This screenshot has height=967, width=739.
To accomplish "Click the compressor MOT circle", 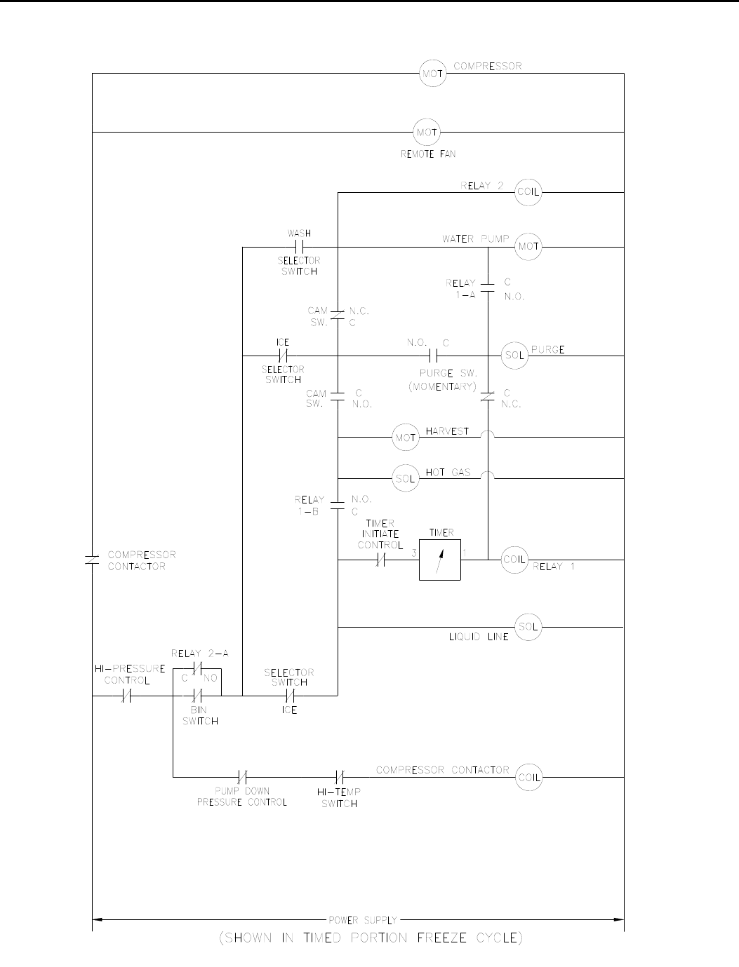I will pyautogui.click(x=432, y=74).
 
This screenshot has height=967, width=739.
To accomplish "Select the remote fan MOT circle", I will pyautogui.click(x=427, y=132).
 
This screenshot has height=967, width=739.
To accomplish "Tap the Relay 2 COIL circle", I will pyautogui.click(x=528, y=192).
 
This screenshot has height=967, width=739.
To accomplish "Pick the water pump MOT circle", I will pyautogui.click(x=528, y=246).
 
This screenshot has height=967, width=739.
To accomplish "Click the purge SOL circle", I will pyautogui.click(x=514, y=356).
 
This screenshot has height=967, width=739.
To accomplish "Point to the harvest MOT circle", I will pyautogui.click(x=406, y=438).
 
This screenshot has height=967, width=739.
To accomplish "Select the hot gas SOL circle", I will pyautogui.click(x=406, y=479).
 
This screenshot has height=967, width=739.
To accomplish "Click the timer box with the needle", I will pyautogui.click(x=440, y=560).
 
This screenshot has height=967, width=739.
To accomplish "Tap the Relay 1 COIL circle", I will pyautogui.click(x=514, y=560).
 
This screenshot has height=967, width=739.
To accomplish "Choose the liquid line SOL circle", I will pyautogui.click(x=528, y=626).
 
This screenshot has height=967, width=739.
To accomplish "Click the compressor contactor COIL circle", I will pyautogui.click(x=528, y=777).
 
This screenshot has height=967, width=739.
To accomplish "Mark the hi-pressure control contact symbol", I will pyautogui.click(x=127, y=696).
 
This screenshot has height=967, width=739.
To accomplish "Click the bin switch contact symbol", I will pyautogui.click(x=197, y=696).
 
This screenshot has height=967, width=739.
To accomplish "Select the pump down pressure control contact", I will pyautogui.click(x=242, y=777).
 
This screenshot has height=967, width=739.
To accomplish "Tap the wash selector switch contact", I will pyautogui.click(x=299, y=247).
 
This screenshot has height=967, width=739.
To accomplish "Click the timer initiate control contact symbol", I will pyautogui.click(x=380, y=560).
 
